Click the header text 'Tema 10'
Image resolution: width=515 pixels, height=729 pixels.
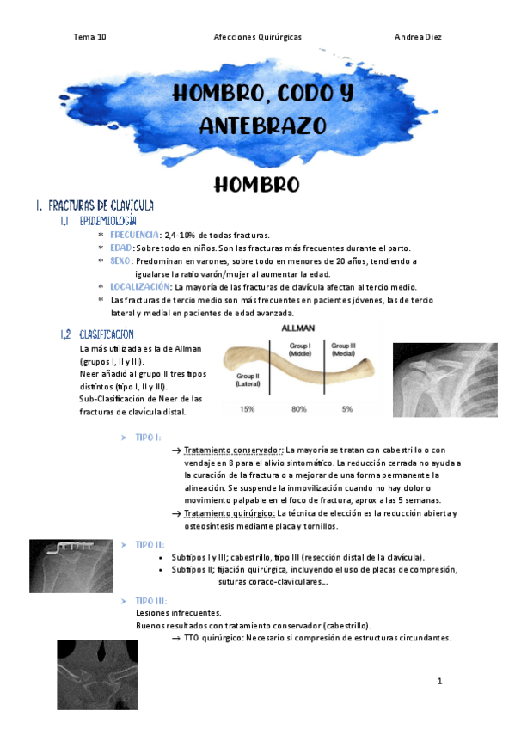coord(89,37)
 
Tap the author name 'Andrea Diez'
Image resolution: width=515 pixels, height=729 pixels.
coord(418,37)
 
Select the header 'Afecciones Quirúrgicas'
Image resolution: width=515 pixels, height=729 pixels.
coord(257,37)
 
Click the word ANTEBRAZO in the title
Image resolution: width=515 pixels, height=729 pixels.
coord(263,126)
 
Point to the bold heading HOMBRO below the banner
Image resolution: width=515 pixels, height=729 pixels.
coord(256,185)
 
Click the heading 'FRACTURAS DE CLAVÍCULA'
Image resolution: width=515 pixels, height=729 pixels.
coord(101,206)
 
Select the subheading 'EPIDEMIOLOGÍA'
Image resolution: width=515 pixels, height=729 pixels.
coord(108,222)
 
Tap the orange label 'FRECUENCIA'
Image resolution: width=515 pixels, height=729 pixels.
coord(135,235)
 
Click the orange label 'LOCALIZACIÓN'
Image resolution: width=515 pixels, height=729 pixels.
coord(140,286)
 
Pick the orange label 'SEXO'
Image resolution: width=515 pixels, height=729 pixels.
coord(120,260)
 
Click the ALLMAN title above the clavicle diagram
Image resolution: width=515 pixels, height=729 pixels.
coord(298,328)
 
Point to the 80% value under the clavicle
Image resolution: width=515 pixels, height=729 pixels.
coord(299,408)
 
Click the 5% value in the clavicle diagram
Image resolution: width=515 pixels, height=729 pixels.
coord(347,408)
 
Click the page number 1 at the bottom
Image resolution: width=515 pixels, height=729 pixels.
coord(439,682)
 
